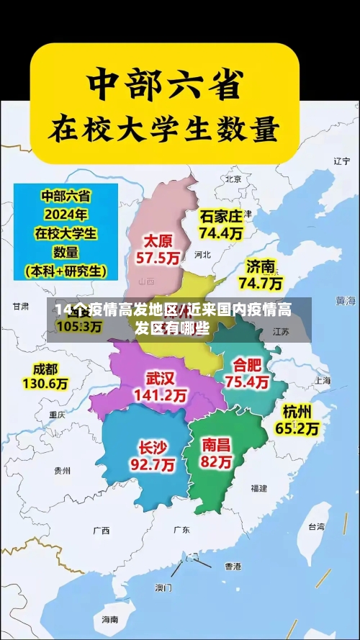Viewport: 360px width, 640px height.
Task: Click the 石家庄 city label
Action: coord(221,215)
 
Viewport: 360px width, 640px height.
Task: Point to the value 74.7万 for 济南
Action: coord(261,283)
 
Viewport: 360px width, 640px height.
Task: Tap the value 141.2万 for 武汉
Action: coord(161,395)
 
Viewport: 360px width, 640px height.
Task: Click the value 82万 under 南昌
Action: coord(217,462)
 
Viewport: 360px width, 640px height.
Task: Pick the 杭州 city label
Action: coord(297,411)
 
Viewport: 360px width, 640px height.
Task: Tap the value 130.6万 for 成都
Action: coord(45,384)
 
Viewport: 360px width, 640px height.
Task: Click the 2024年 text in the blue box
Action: coord(66,214)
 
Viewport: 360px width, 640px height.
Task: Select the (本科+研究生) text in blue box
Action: coord(66,271)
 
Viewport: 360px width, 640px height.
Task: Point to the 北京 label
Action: coord(233,179)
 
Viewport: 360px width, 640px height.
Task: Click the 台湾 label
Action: coord(316,526)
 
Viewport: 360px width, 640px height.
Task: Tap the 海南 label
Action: coord(109,619)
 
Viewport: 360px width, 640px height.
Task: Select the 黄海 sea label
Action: coord(346,299)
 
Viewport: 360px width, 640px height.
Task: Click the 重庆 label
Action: coord(57,415)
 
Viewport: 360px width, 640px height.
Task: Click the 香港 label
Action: coord(233,567)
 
